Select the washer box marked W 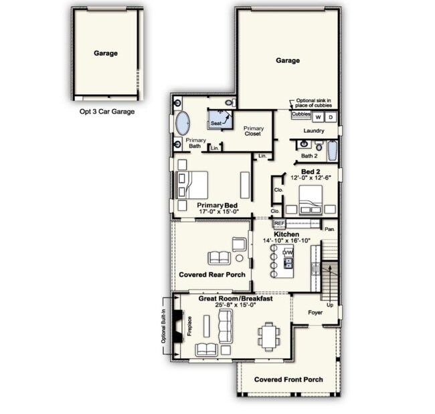[x=318, y=117]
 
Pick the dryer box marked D [x=330, y=117]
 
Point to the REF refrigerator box [x=280, y=223]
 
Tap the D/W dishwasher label [x=288, y=252]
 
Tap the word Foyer [x=315, y=313]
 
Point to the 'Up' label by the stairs [x=330, y=305]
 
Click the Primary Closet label [x=253, y=132]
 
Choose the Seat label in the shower [x=216, y=124]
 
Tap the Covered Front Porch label [x=288, y=379]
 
